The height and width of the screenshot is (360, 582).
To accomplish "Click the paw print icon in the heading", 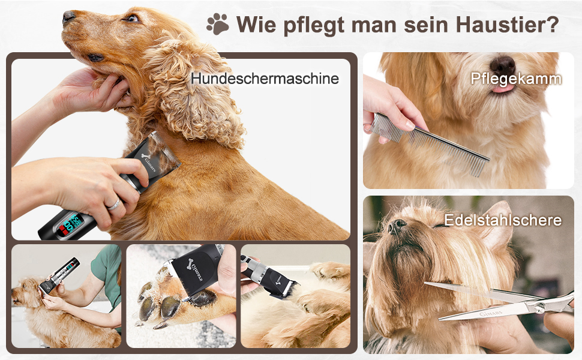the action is click(x=218, y=24).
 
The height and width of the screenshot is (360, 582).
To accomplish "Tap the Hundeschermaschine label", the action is click(x=265, y=79).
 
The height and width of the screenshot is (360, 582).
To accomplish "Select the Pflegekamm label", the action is click(x=516, y=79).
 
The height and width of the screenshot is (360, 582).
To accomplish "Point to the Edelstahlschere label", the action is click(x=503, y=220).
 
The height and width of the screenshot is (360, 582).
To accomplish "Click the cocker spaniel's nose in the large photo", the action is click(x=68, y=16).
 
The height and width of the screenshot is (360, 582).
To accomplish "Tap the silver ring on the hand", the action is click(x=115, y=205).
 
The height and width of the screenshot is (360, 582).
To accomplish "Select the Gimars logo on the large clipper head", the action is click(x=148, y=160).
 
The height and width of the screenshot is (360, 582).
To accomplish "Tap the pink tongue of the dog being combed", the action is click(x=503, y=88).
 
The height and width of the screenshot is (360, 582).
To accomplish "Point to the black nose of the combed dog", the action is click(x=503, y=65).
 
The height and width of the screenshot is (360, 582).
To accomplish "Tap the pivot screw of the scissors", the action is click(x=538, y=307).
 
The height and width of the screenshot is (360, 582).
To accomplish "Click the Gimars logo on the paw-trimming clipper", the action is click(x=194, y=269).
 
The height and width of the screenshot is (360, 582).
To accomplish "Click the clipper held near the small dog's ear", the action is click(x=59, y=275).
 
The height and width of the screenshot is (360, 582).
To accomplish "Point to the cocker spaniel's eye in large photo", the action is click(x=132, y=18).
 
